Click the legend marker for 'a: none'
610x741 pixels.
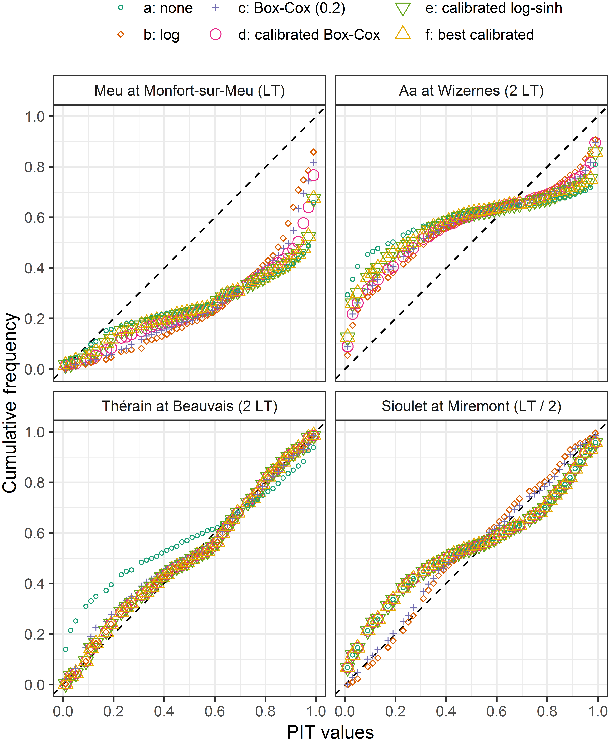pos(121,8)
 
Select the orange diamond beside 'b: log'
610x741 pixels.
pos(121,34)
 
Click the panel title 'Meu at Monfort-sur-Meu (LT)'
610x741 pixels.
pos(189,91)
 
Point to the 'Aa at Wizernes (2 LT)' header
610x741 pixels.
pos(471,91)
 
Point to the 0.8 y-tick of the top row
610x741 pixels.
pos(34,167)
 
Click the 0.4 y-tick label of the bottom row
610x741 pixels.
pos(34,584)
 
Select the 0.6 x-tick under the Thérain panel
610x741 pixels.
pos(215,711)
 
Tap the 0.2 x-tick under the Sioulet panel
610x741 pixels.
pos(395,711)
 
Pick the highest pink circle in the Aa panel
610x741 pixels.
pos(595,143)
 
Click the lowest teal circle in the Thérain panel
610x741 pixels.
pos(65,649)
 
